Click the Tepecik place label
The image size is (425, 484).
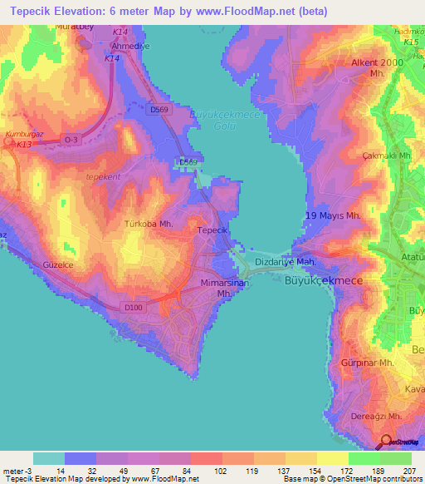(212, 230)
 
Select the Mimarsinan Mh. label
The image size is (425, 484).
(227, 289)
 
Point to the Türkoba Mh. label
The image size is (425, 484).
(148, 224)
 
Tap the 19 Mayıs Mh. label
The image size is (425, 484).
(333, 216)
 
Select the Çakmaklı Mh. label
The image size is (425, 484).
(381, 156)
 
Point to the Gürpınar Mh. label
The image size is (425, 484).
(366, 363)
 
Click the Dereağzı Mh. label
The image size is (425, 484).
(372, 416)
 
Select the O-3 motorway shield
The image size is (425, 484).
(71, 141)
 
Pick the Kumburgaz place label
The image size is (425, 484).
(22, 133)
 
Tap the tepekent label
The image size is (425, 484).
(104, 176)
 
